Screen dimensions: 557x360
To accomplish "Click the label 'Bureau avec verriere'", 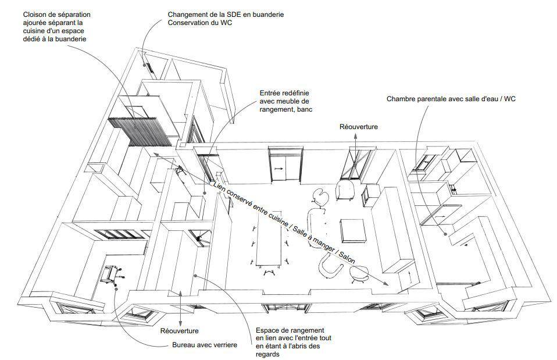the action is (x=204, y=345).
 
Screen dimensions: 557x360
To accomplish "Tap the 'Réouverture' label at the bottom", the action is (x=180, y=331).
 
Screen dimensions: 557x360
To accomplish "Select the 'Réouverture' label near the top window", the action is (x=358, y=127).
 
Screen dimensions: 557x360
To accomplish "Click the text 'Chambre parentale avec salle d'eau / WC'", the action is (x=451, y=99).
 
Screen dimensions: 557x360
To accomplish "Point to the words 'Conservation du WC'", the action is (x=199, y=23).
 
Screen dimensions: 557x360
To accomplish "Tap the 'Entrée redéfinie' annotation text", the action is (x=284, y=93).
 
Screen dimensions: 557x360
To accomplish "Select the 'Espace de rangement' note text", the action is (x=290, y=330).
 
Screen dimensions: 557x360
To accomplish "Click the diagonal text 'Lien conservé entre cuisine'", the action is (x=251, y=204).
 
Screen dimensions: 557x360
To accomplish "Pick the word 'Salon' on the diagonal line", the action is (x=347, y=256).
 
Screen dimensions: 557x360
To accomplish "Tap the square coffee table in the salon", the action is (x=353, y=231).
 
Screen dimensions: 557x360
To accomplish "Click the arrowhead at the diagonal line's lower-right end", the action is (x=387, y=284).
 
